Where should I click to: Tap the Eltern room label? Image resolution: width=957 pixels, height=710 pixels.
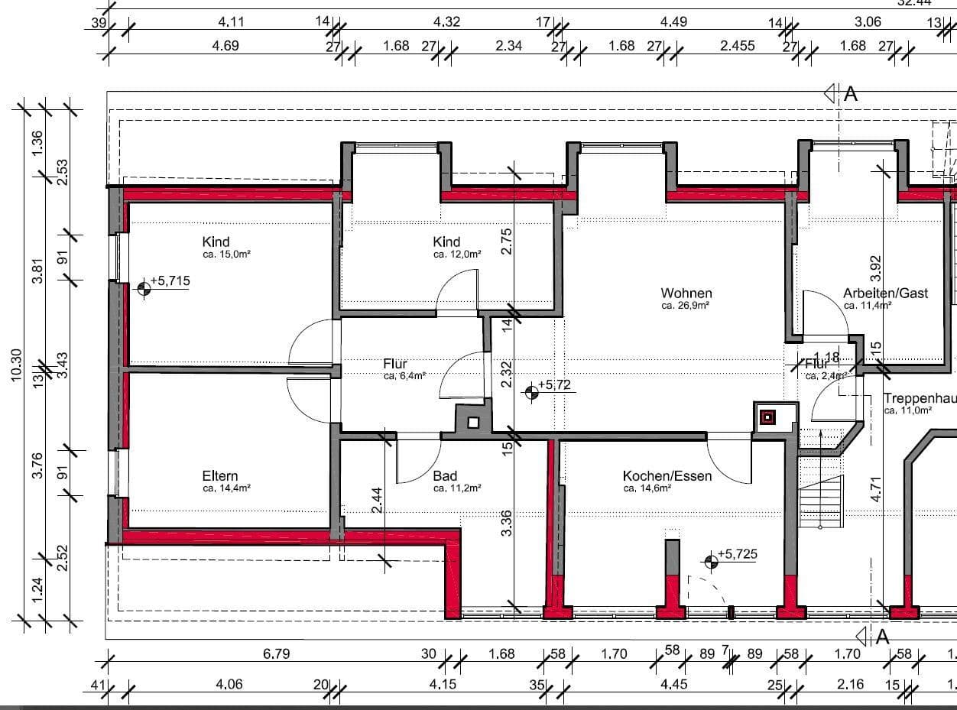(220, 476)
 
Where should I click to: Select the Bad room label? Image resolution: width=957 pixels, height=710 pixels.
(445, 476)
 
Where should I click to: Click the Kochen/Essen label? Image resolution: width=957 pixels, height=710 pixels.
(667, 476)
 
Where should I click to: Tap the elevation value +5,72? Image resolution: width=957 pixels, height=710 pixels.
(556, 384)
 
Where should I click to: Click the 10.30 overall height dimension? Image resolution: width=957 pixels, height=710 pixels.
(17, 365)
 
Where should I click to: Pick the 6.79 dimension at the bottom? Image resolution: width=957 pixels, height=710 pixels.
(276, 654)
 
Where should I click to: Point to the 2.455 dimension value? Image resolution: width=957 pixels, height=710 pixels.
(737, 46)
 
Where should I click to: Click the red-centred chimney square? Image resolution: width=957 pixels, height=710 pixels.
(767, 417)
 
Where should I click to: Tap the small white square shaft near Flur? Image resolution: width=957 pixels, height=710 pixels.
(473, 422)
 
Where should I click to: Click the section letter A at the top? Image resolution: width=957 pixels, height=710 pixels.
(851, 94)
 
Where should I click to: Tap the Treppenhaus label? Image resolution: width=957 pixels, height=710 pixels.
(920, 398)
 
